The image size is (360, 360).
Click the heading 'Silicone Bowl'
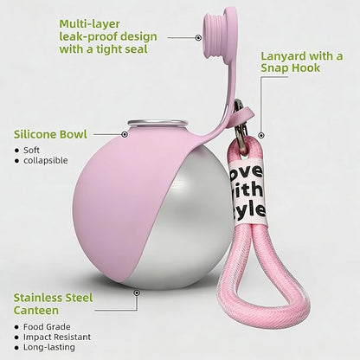point(50,134)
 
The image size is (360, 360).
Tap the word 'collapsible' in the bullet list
point(46,160)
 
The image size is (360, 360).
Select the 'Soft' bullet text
point(31,150)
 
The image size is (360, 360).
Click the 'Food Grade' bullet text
point(47,327)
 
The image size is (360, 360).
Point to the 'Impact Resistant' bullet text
point(57,337)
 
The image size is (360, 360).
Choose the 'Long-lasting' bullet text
point(49,347)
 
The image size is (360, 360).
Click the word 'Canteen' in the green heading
point(36,311)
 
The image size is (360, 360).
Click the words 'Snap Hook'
point(291,68)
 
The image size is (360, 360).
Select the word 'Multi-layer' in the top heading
point(89,24)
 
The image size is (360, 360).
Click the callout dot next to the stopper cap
point(198,37)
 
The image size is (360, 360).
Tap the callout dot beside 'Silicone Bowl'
point(125,134)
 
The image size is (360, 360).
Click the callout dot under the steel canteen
point(137,292)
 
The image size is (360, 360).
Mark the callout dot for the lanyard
point(261,135)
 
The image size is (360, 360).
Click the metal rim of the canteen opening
point(157,124)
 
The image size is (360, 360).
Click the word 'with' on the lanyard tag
point(246,190)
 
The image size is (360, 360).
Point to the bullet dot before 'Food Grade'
point(16,327)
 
